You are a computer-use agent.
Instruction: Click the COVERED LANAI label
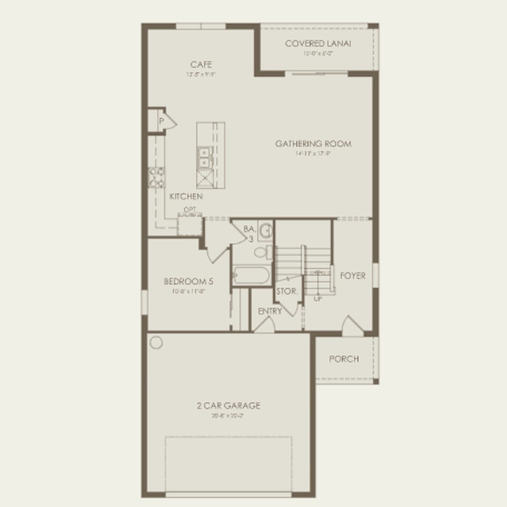point(318,43)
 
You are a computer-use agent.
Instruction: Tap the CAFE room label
point(201,65)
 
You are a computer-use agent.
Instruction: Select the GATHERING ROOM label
point(313,144)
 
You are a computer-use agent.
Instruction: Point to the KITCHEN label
point(186,196)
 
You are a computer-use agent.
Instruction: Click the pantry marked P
point(161,121)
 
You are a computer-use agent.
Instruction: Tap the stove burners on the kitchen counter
point(157,177)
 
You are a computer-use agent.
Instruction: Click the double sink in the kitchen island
point(203,157)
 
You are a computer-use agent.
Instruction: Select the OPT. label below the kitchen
point(190,210)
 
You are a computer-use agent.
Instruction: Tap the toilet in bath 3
point(263,251)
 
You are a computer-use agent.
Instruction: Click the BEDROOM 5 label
point(188,281)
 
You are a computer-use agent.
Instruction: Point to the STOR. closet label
point(287,292)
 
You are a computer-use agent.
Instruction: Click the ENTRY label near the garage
point(270,311)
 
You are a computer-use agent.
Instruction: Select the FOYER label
point(352,276)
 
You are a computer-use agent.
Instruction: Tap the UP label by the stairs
point(318,299)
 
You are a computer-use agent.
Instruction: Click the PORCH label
point(344,359)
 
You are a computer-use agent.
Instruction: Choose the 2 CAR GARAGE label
point(228,406)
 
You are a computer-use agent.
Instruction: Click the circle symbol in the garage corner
point(156,343)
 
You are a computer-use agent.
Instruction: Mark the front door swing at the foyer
point(351,325)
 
